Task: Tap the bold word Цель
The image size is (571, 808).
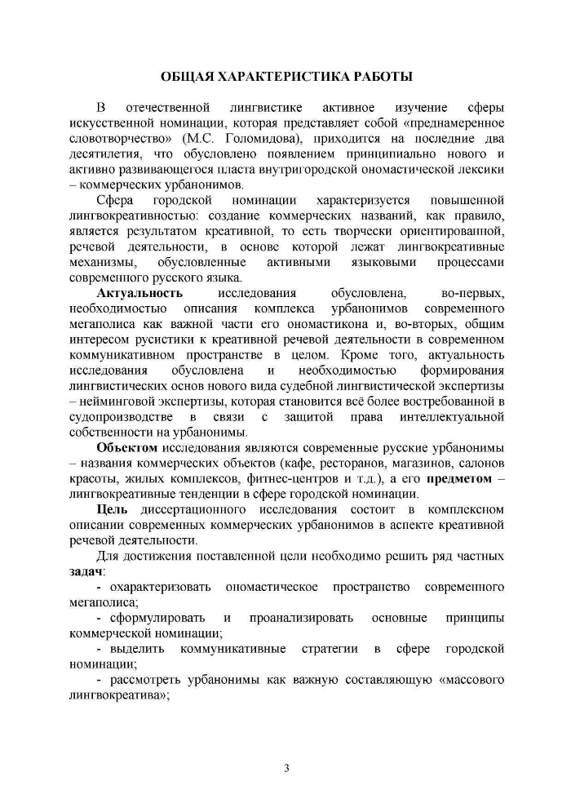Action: (x=112, y=510)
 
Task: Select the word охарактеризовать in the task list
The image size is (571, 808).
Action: (x=161, y=588)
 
